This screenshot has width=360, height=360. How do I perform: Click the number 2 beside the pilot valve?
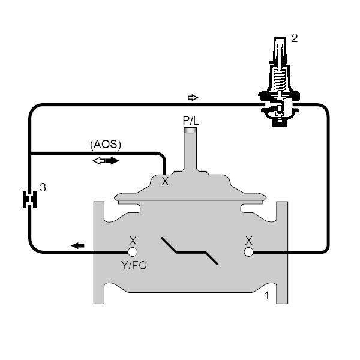coord(295,38)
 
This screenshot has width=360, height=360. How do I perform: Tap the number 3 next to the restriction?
coord(43,187)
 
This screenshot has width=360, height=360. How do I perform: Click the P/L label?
coord(191,120)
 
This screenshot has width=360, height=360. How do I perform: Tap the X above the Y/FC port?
coord(133,240)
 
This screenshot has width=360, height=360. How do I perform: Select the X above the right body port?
coord(248,240)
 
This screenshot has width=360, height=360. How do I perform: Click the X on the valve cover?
coord(165,182)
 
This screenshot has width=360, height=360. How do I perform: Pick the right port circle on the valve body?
coord(248,252)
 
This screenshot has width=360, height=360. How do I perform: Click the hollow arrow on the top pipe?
coord(192,97)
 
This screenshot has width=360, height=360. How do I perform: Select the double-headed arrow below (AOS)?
coord(105,161)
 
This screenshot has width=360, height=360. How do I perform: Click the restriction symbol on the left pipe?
coord(28,199)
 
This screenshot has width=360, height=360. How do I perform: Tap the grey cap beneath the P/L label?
coord(191,130)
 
